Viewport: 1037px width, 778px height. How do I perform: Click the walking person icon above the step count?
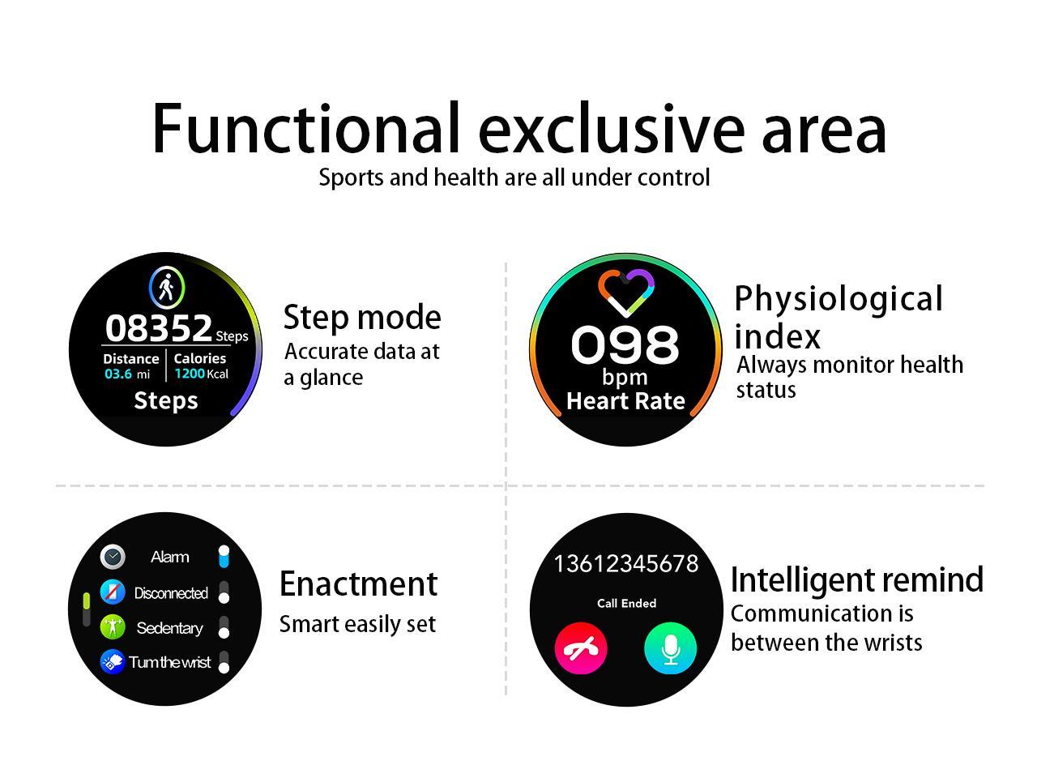[167, 287]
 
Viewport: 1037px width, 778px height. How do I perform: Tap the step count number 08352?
[158, 328]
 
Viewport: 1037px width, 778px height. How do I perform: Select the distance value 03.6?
[118, 374]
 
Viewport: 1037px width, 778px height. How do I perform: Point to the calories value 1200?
[190, 374]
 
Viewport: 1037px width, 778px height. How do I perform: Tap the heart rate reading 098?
[625, 344]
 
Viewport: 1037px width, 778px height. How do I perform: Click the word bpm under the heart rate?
[625, 378]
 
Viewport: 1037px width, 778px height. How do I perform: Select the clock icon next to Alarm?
[113, 557]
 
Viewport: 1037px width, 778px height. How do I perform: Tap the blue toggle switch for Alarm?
[224, 557]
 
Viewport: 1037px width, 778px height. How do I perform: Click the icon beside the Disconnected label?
[113, 592]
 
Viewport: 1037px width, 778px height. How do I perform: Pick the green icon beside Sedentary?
[113, 627]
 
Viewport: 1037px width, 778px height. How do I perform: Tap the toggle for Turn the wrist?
[224, 662]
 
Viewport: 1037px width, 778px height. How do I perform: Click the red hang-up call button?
[581, 648]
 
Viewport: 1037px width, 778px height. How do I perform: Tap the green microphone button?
[670, 648]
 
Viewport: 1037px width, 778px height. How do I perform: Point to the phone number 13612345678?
[625, 563]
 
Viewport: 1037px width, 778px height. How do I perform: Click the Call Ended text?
[626, 603]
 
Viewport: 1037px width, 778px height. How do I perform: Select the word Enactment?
[359, 583]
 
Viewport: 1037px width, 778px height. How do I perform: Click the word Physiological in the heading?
[839, 301]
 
